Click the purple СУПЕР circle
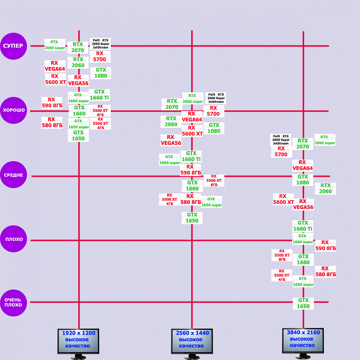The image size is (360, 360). point(14,46)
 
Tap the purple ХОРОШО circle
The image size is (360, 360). point(14,111)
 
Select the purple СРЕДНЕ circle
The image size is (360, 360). point(14,175)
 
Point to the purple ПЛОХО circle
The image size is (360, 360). point(14,240)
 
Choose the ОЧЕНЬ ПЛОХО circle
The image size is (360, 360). point(14,302)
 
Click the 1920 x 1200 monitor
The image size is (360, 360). point(78,342)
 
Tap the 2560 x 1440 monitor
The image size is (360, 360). point(192,342)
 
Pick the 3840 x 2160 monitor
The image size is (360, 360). point(303,342)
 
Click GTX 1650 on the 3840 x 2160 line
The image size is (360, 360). point(303,303)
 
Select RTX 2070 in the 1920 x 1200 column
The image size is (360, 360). point(78,48)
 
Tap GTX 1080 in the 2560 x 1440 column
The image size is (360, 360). point(214,128)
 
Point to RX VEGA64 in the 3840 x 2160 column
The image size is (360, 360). point(302,165)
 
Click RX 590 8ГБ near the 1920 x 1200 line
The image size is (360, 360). point(51,102)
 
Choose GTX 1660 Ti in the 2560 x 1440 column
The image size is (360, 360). point(191,156)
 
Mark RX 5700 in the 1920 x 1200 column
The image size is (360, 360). point(100,56)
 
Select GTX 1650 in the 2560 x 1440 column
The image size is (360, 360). point(192,218)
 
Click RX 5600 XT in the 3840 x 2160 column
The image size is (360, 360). point(283,199)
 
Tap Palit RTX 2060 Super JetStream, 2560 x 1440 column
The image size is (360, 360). point(216,98)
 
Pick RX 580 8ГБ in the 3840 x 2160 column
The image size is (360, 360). point(325,271)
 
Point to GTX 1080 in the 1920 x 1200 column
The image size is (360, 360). point(101,73)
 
